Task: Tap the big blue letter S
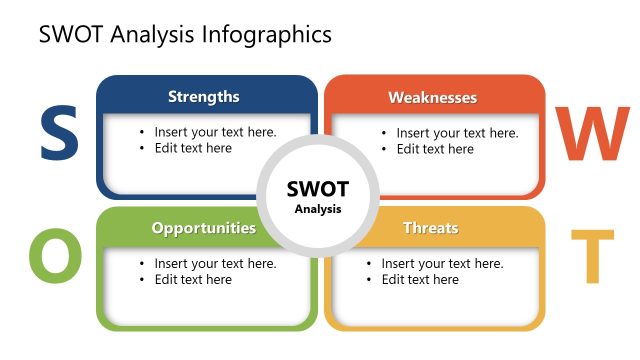59,136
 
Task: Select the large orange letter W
592,136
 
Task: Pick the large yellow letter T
592,256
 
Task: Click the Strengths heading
204,97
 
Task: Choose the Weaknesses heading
432,98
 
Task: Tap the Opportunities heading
204,228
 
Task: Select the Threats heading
430,228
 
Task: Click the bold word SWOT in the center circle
318,188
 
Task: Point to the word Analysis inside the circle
318,210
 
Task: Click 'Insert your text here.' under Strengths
215,132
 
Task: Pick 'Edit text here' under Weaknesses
435,149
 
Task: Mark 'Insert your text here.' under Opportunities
215,264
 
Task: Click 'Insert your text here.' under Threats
442,264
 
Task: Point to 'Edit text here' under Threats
420,280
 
